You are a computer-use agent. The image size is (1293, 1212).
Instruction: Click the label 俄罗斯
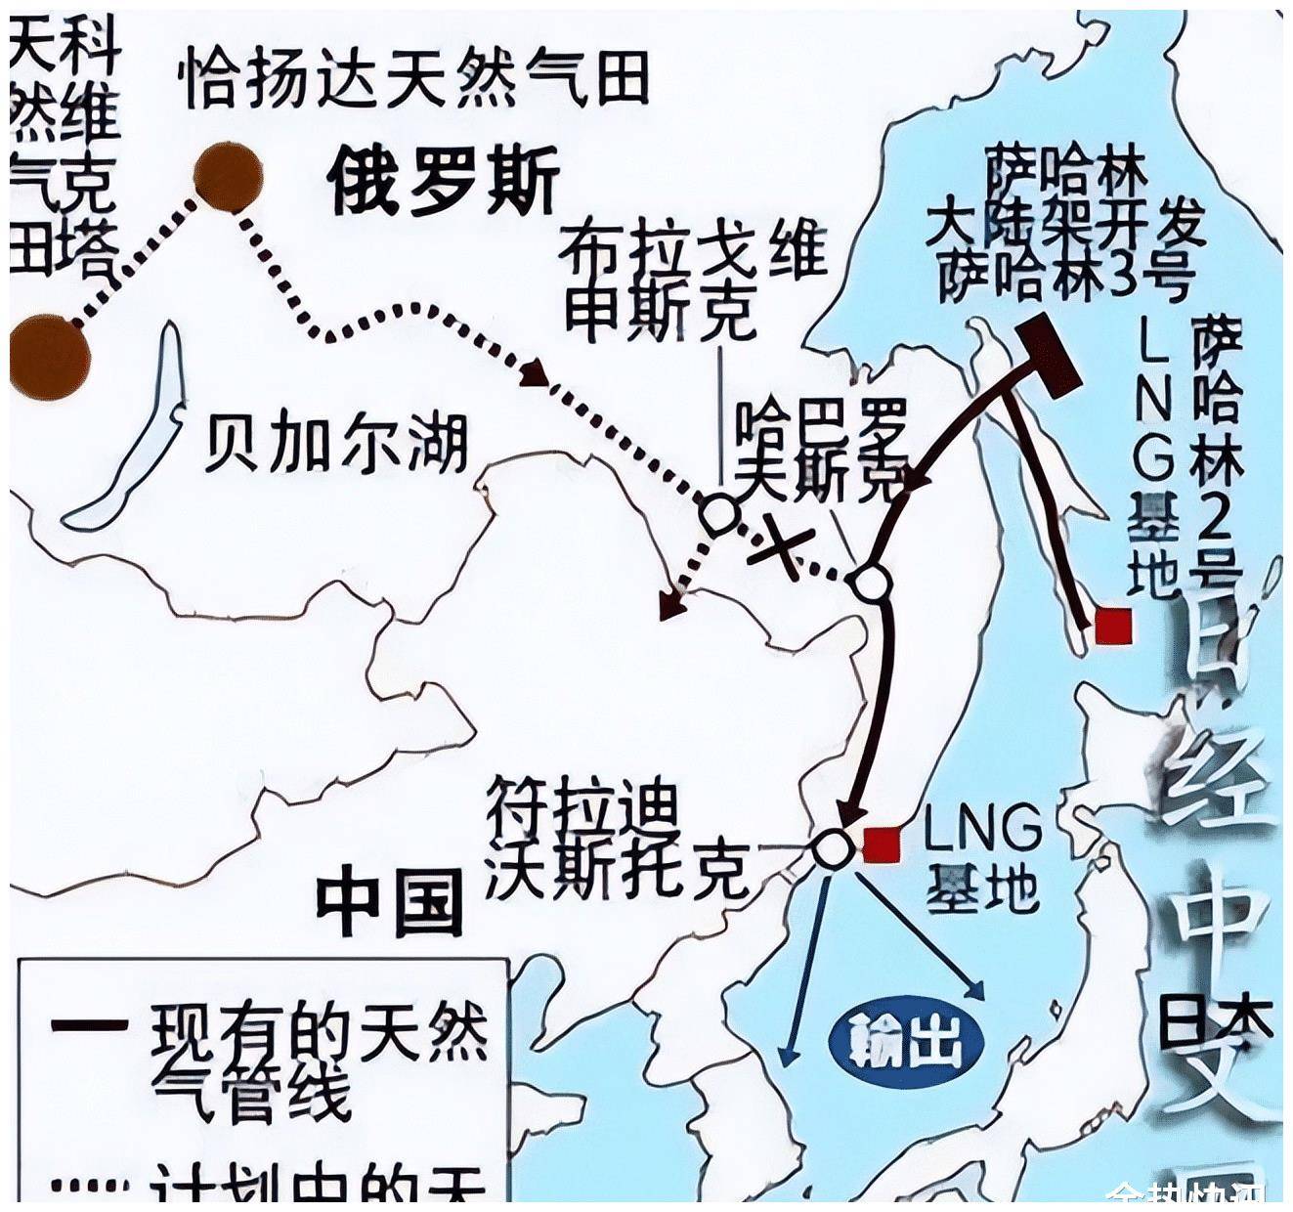(444, 181)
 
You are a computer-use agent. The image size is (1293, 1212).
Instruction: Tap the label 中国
(389, 902)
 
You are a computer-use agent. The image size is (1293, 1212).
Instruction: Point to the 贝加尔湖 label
(336, 445)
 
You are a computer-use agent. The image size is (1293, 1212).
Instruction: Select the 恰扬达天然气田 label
(414, 78)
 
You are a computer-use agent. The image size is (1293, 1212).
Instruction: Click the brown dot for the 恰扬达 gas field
(228, 177)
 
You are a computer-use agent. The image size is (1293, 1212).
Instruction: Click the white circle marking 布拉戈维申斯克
(718, 512)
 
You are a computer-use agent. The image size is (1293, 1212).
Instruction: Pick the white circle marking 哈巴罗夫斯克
(870, 583)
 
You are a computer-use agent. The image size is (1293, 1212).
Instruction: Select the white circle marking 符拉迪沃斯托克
(833, 848)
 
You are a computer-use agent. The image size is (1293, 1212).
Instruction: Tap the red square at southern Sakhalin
(1112, 626)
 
